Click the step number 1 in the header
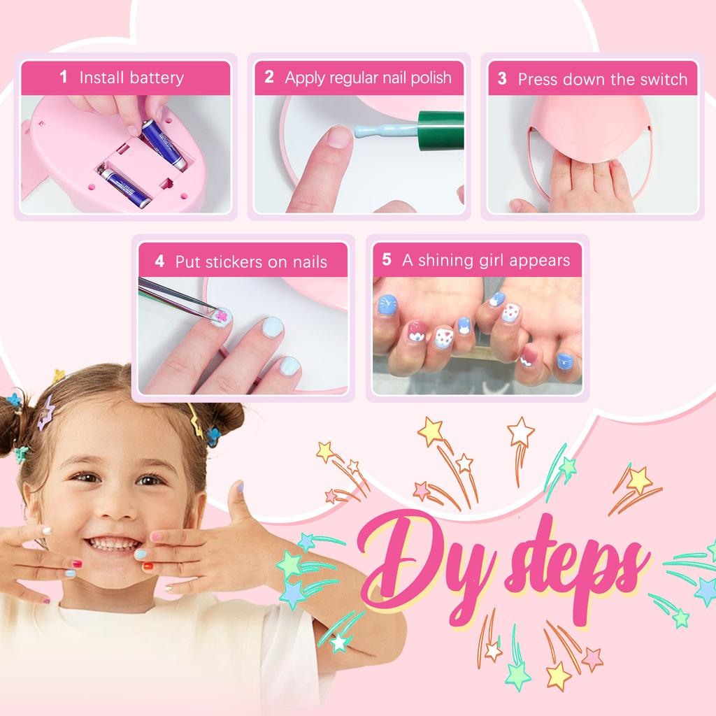64,77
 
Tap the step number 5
387,260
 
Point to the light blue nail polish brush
378,129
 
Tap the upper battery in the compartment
163,143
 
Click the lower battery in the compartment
126,186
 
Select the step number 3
502,79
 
